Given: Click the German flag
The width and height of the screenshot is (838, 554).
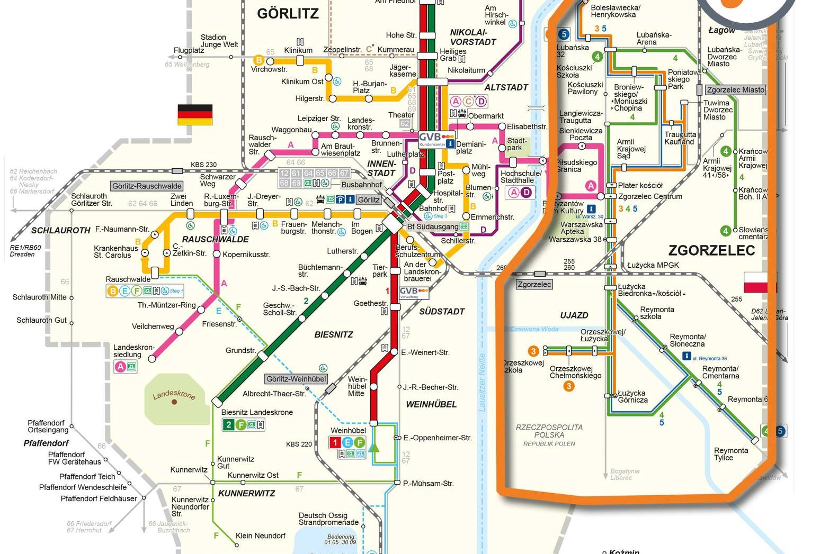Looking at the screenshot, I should tap(195, 115).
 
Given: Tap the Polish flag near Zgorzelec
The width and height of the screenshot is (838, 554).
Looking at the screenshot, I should tap(760, 283).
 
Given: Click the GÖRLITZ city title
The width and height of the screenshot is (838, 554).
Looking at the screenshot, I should tap(288, 14).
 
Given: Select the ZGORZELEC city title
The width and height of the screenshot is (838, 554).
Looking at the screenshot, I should tap(711, 250).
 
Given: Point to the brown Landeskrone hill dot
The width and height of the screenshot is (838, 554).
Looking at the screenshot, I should tap(174, 402).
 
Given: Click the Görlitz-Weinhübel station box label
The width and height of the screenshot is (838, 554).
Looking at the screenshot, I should tap(296, 379).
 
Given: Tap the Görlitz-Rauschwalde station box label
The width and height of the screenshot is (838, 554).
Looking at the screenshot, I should tap(147, 186).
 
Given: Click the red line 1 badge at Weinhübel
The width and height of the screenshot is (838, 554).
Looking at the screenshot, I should tap(334, 442).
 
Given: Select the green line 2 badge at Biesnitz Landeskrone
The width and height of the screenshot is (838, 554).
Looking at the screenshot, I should tap(228, 424).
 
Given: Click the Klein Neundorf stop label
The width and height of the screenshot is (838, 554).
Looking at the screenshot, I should tap(261, 535).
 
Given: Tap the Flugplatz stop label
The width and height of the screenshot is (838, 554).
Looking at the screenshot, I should tap(189, 51).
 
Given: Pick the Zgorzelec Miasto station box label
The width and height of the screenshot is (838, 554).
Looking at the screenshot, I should tap(736, 90).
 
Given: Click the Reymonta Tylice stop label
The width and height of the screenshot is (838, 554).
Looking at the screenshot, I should tap(730, 454).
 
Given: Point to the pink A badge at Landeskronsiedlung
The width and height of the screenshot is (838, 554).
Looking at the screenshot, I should tap(120, 367).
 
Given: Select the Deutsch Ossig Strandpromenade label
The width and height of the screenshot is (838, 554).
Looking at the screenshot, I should tap(328, 519).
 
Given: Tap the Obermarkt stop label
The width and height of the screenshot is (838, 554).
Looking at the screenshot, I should tap(486, 116).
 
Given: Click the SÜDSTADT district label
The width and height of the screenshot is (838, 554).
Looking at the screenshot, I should tap(442, 312).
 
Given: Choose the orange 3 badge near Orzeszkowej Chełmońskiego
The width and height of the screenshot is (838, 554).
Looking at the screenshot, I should tap(569, 386).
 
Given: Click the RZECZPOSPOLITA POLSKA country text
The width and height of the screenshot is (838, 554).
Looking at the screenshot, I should tap(549, 431).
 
